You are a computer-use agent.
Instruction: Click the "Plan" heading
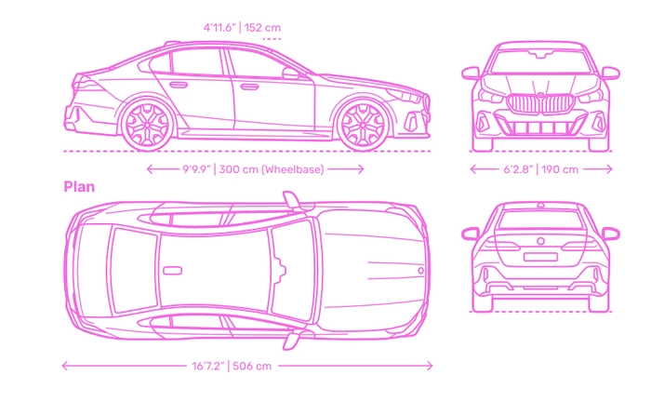pyautogui.click(x=79, y=187)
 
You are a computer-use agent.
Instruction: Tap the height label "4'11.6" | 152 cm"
pyautogui.click(x=242, y=28)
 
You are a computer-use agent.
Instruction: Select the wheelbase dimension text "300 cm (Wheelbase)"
pyautogui.click(x=272, y=169)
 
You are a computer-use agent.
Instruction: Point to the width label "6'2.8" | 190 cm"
pyautogui.click(x=540, y=169)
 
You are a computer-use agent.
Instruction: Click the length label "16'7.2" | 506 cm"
pyautogui.click(x=232, y=366)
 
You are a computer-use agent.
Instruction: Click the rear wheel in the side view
pyautogui.click(x=147, y=124)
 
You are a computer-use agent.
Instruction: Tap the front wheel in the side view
pyautogui.click(x=363, y=124)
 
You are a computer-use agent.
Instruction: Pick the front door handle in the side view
pyautogui.click(x=249, y=87)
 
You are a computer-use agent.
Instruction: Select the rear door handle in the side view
pyautogui.click(x=179, y=85)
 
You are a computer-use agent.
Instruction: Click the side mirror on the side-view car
pyautogui.click(x=290, y=74)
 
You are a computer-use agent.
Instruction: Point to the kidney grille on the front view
pyautogui.click(x=540, y=104)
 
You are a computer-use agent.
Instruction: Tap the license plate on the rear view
pyautogui.click(x=540, y=257)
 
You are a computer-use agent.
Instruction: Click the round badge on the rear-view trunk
pyautogui.click(x=540, y=241)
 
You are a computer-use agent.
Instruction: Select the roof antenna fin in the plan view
pyautogui.click(x=172, y=271)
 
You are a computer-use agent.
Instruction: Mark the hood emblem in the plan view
pyautogui.click(x=420, y=271)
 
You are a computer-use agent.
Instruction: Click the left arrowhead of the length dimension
pyautogui.click(x=65, y=366)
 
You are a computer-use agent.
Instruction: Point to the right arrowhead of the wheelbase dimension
pyautogui.click(x=361, y=169)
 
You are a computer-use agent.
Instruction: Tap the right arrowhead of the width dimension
pyautogui.click(x=609, y=169)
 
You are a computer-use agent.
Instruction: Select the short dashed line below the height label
pyautogui.click(x=272, y=39)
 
